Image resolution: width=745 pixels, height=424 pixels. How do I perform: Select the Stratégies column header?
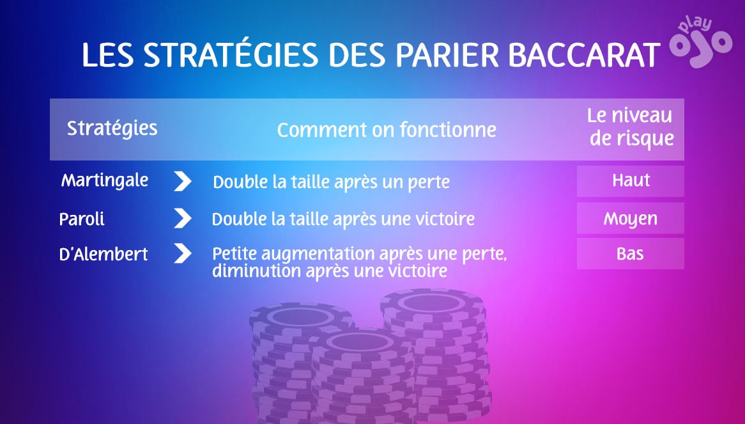112,128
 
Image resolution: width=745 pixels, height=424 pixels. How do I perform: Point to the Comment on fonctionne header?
387,130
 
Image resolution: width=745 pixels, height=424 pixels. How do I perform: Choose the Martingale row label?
105,181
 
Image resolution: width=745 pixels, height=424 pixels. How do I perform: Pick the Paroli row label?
82,219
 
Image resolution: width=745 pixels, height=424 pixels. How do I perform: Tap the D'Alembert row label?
104,254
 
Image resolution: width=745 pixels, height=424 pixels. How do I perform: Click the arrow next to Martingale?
183,182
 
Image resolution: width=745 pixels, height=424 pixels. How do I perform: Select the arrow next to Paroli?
183,219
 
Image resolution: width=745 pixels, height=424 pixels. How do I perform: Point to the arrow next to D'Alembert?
183,254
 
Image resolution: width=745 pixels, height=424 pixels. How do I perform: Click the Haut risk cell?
631,181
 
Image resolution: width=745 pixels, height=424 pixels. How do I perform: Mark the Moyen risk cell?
631,219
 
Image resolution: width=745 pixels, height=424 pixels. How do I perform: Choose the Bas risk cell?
631,254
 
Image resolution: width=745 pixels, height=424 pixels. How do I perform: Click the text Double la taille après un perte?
331,182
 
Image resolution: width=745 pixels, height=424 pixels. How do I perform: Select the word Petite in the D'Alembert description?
233,254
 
